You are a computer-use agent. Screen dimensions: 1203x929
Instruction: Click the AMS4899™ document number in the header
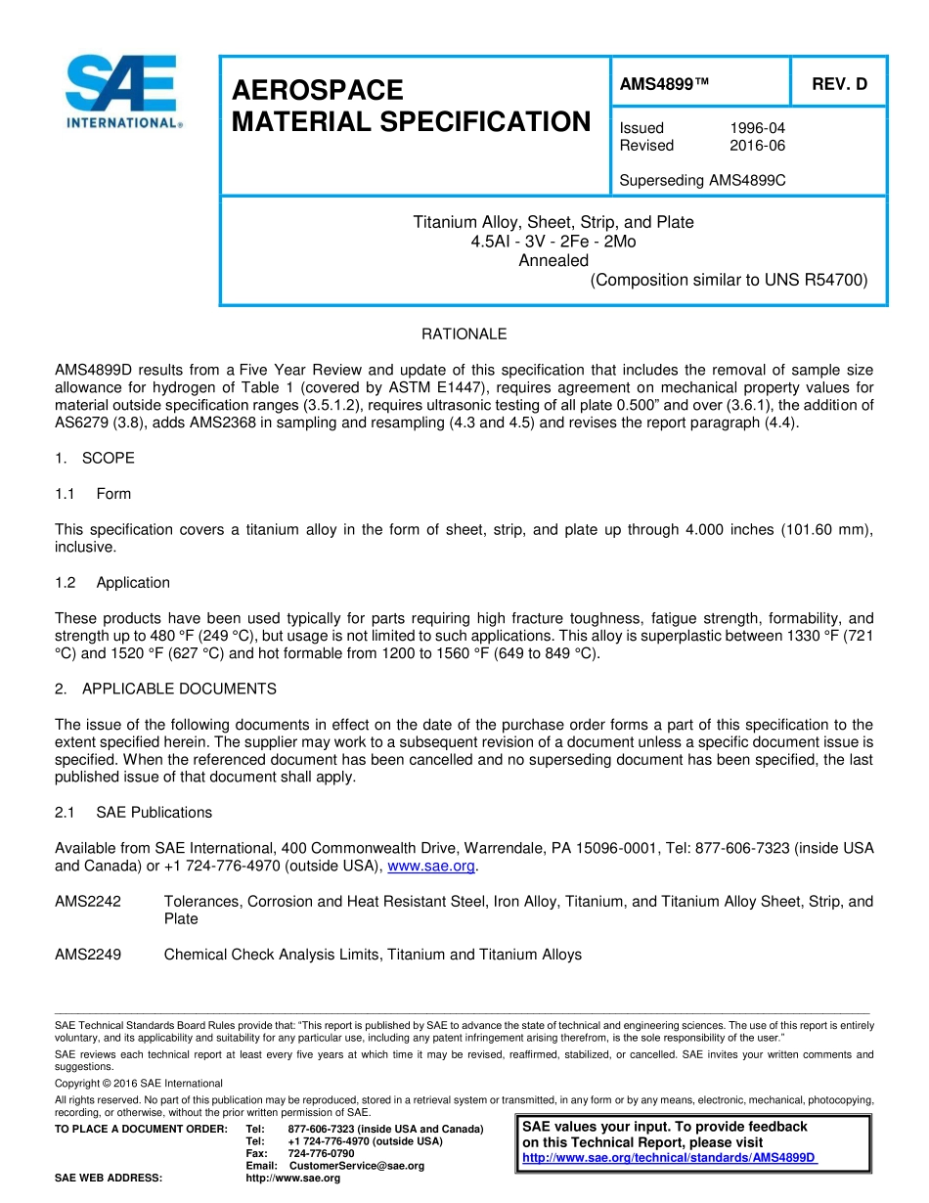[664, 84]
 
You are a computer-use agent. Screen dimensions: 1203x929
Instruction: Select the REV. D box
[839, 84]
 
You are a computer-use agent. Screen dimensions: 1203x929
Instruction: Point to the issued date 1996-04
[757, 128]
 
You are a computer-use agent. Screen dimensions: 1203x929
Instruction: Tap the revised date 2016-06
[757, 146]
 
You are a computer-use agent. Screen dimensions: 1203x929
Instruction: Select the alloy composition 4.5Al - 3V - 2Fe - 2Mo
[553, 242]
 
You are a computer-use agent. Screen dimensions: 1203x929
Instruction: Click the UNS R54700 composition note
[729, 281]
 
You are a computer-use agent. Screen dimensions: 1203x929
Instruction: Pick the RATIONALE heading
[464, 334]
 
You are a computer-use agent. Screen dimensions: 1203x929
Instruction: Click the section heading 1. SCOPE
[95, 459]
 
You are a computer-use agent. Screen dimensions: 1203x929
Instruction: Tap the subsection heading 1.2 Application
[112, 583]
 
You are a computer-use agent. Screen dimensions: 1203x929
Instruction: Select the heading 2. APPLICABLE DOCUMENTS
[165, 690]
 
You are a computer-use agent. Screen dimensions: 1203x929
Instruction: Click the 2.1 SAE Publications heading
[133, 813]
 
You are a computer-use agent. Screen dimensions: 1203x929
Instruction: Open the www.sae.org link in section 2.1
[431, 867]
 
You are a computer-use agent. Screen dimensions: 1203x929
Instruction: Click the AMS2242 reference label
[88, 902]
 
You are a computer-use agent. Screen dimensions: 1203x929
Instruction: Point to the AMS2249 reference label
[88, 955]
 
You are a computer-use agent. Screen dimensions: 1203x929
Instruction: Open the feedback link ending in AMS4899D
[669, 1158]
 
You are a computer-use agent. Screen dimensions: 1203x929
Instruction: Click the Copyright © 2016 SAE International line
[138, 1084]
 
